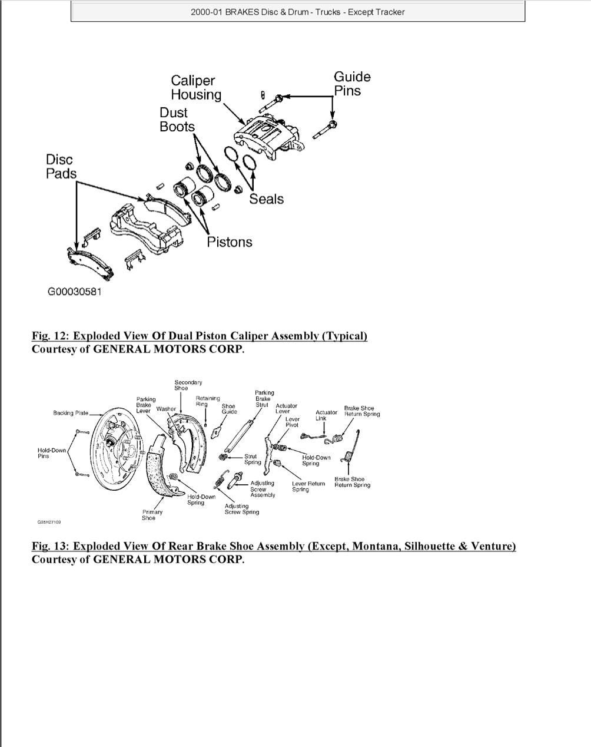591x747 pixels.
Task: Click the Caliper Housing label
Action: [x=195, y=88]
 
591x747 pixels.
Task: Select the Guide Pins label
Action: [x=352, y=84]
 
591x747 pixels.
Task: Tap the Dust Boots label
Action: [x=177, y=119]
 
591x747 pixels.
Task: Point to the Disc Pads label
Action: [x=61, y=166]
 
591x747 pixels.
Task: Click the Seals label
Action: [x=266, y=199]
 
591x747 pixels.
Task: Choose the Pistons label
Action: [x=230, y=242]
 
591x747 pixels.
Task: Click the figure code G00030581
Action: [x=74, y=292]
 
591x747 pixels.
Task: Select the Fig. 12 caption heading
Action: [x=200, y=336]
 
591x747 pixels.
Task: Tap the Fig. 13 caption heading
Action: [x=274, y=546]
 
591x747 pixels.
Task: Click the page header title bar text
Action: [x=297, y=12]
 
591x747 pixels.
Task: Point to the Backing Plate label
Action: [x=71, y=413]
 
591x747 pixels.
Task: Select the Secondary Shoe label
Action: [x=188, y=385]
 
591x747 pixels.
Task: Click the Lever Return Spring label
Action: [x=308, y=487]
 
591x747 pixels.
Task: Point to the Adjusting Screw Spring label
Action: [x=241, y=509]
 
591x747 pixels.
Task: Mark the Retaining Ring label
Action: [x=207, y=401]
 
